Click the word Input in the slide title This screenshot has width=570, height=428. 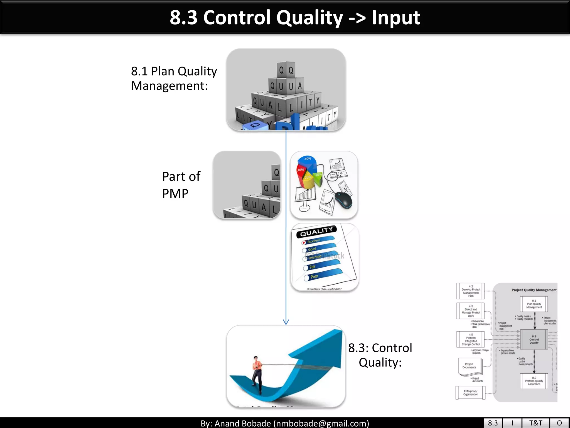pos(396,18)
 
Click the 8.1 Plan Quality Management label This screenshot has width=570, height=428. pos(174,78)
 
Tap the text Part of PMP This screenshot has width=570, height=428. pos(181,185)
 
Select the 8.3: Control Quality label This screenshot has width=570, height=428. pos(380,355)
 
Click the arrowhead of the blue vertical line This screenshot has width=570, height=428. pos(286,323)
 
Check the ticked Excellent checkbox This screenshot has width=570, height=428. pos(304,242)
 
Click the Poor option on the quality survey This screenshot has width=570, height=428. pos(315,277)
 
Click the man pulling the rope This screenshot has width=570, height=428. pos(257,373)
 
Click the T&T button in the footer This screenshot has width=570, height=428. pos(535,423)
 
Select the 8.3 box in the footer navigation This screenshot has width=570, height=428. pos(493,423)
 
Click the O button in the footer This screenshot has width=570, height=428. pos(559,423)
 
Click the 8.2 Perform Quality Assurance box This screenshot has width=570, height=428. pos(534,381)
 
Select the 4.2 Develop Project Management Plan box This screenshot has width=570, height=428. pos(471,291)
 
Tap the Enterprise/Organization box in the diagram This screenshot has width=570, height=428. pos(470,393)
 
